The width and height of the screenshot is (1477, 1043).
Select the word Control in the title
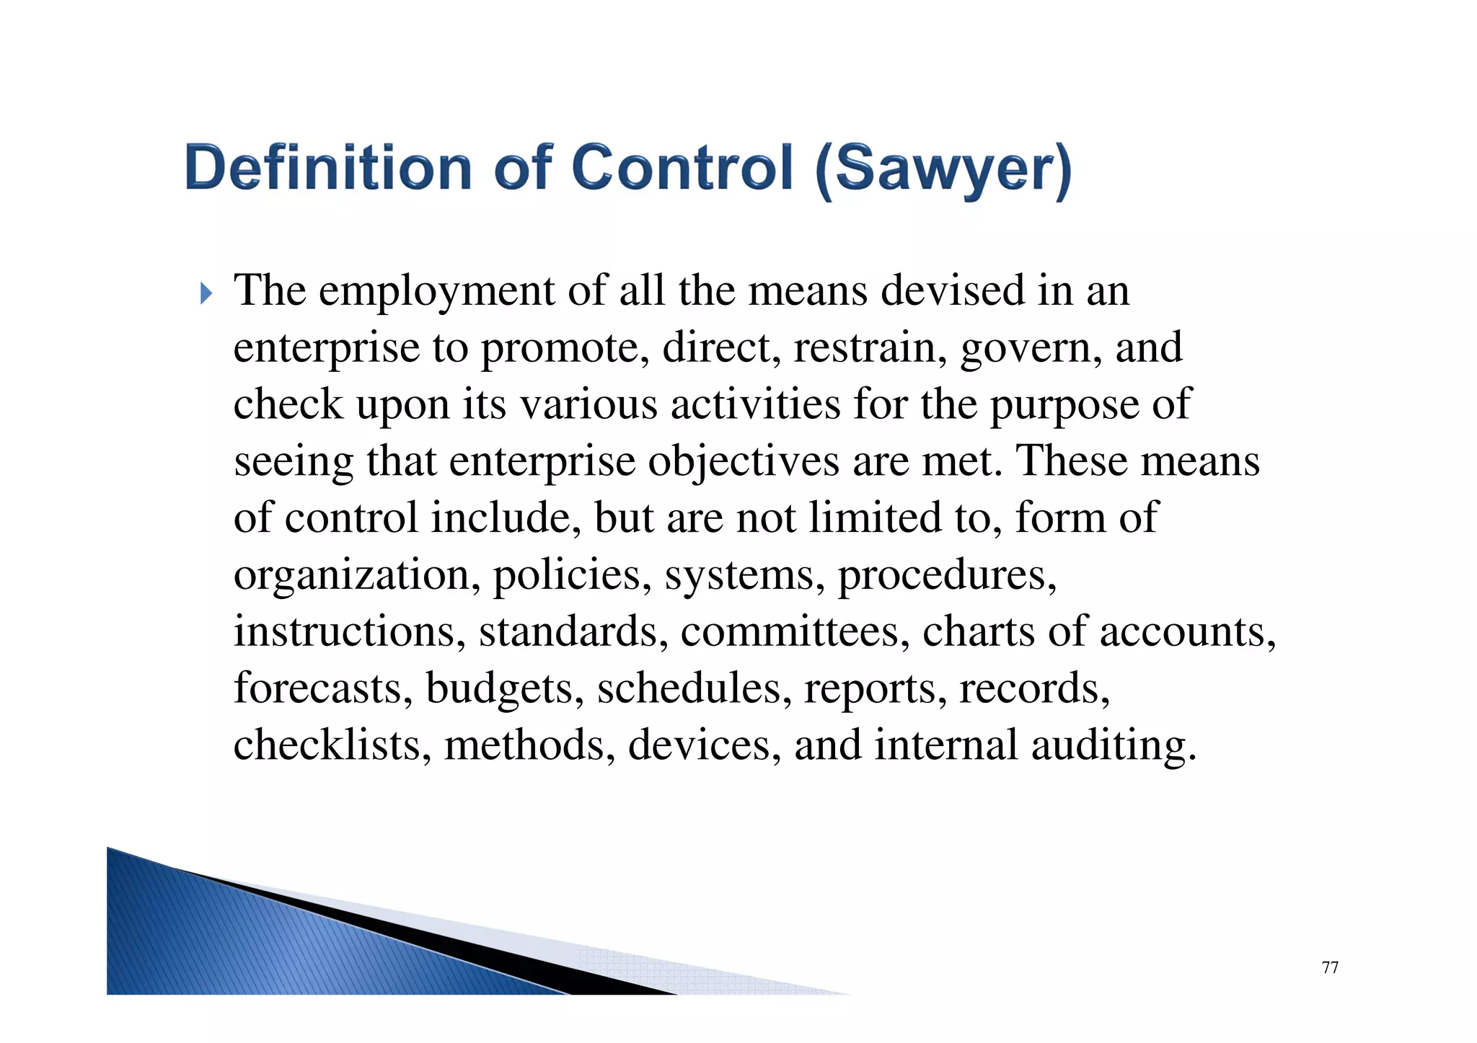682,168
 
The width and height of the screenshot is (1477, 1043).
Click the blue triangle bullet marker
206,293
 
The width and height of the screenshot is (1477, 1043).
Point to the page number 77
1330,967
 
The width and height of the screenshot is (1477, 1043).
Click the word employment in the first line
436,291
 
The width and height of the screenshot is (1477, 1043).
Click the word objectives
743,462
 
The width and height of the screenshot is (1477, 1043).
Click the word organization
357,576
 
